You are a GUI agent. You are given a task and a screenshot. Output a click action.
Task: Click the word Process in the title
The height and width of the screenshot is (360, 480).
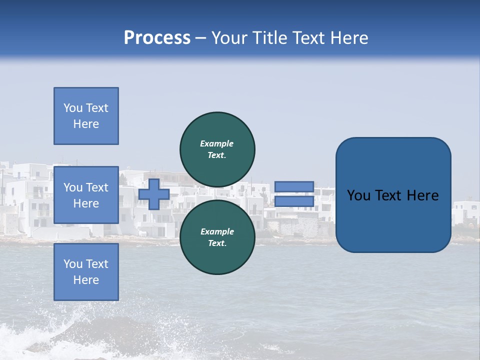coord(157,38)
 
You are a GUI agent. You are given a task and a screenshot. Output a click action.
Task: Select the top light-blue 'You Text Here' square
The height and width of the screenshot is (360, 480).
coord(86,116)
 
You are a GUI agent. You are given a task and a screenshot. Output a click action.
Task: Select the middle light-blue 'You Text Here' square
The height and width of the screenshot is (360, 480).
coord(86,195)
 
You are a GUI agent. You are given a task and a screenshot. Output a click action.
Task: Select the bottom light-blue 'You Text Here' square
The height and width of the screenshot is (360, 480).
coord(86,271)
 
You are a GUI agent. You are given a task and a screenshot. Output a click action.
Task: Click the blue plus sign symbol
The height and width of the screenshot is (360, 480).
coord(154,194)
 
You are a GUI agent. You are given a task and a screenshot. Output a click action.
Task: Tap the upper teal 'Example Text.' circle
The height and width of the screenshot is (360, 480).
coord(217,149)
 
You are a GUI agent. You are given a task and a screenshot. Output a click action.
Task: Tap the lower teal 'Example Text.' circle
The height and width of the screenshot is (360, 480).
coord(217,237)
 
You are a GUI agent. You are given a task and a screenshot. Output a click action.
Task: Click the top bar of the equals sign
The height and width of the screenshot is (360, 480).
coord(294,186)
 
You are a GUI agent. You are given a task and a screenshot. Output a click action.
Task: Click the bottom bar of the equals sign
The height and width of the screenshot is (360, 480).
coord(294,201)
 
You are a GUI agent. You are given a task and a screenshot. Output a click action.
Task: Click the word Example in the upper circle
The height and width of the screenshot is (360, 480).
coord(217,143)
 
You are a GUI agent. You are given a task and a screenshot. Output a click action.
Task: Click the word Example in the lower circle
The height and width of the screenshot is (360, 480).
coord(217,231)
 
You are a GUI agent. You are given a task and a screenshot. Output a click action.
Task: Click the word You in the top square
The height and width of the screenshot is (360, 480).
coord(72,108)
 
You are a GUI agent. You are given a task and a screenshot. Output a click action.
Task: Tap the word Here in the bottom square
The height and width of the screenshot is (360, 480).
coord(86,280)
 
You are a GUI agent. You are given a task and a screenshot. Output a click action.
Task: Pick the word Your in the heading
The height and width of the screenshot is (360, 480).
coord(228,38)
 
